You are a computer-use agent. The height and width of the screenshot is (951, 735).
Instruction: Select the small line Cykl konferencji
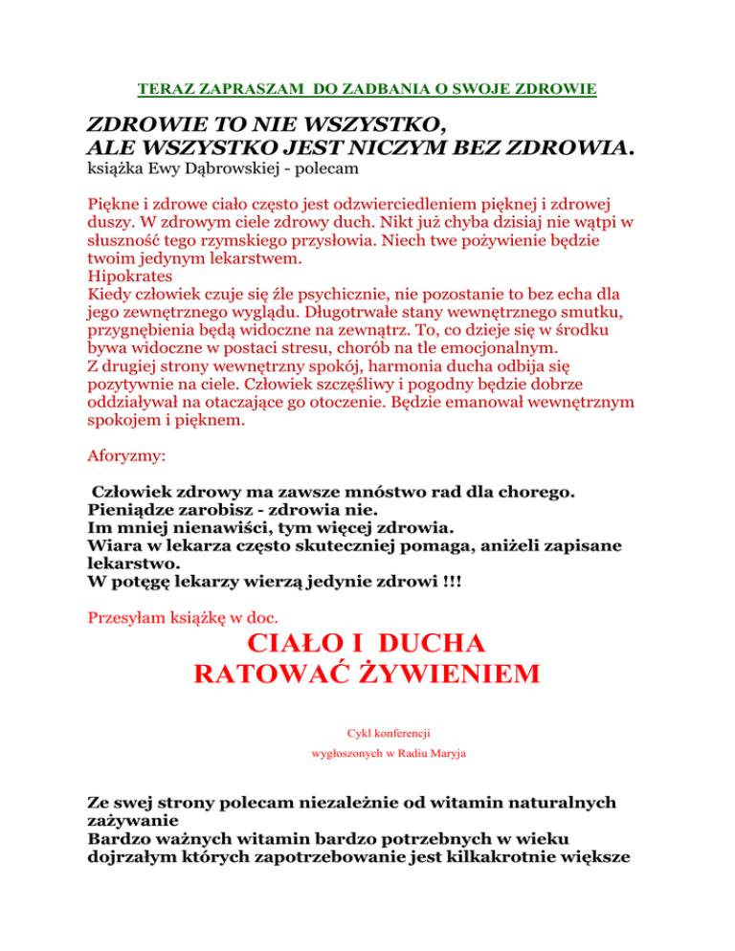click(367, 732)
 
